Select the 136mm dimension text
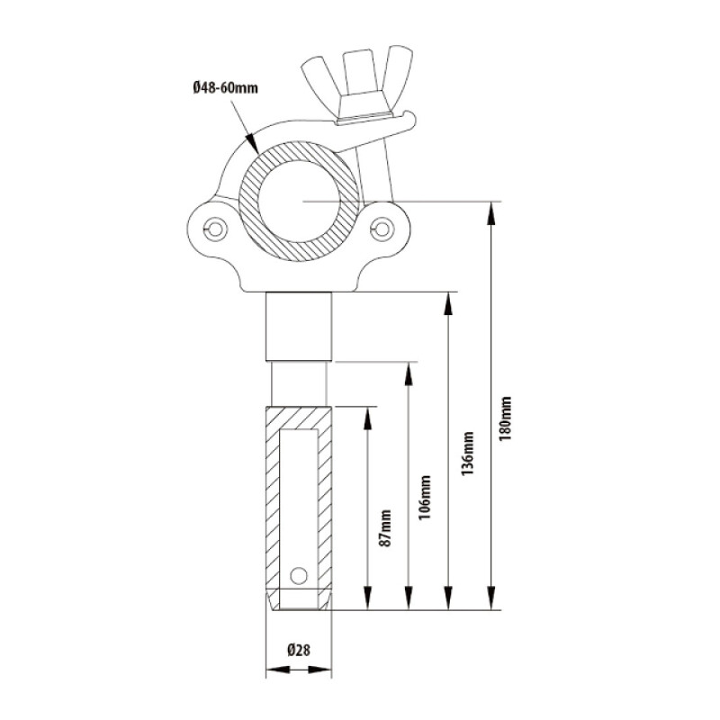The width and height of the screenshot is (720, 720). pos(466,455)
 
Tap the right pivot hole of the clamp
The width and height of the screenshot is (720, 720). pos(385,227)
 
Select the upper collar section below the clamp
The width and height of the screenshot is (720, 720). pos(299,326)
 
